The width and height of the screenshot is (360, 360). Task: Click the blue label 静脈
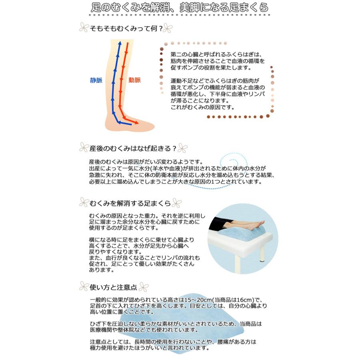point(96,80)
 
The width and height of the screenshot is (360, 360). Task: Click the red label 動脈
point(134,80)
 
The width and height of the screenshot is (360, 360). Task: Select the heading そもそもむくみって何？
point(126,29)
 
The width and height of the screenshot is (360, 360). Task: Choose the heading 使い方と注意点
point(114,287)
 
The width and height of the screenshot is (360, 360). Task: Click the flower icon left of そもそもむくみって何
point(84,28)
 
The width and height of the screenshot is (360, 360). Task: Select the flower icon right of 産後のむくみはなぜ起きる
point(182,148)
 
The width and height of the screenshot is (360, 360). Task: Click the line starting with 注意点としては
point(173,342)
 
